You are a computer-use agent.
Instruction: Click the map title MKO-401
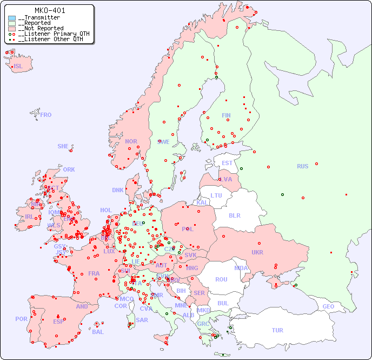pos(50,10)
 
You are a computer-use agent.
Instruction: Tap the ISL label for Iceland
pos(18,67)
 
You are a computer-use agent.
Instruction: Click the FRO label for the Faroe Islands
pos(46,115)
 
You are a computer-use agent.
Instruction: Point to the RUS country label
pos(302,166)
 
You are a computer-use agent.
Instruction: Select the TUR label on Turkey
pos(277,330)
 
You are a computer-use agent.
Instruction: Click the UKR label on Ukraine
pos(257,252)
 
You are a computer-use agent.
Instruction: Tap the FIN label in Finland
pos(226,115)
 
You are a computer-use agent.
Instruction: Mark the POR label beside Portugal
pos(21,319)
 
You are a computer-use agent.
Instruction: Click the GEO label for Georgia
pos(328,306)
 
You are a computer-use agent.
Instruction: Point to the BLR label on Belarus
pos(234,215)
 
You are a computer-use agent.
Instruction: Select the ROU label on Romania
pos(221,279)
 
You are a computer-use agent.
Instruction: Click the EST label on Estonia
pos(227,163)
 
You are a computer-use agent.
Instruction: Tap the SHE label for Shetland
pos(63,146)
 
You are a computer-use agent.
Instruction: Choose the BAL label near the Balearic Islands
pos(98,332)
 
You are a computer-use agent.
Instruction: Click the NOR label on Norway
pos(131,141)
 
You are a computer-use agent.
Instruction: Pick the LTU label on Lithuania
pos(216,195)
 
